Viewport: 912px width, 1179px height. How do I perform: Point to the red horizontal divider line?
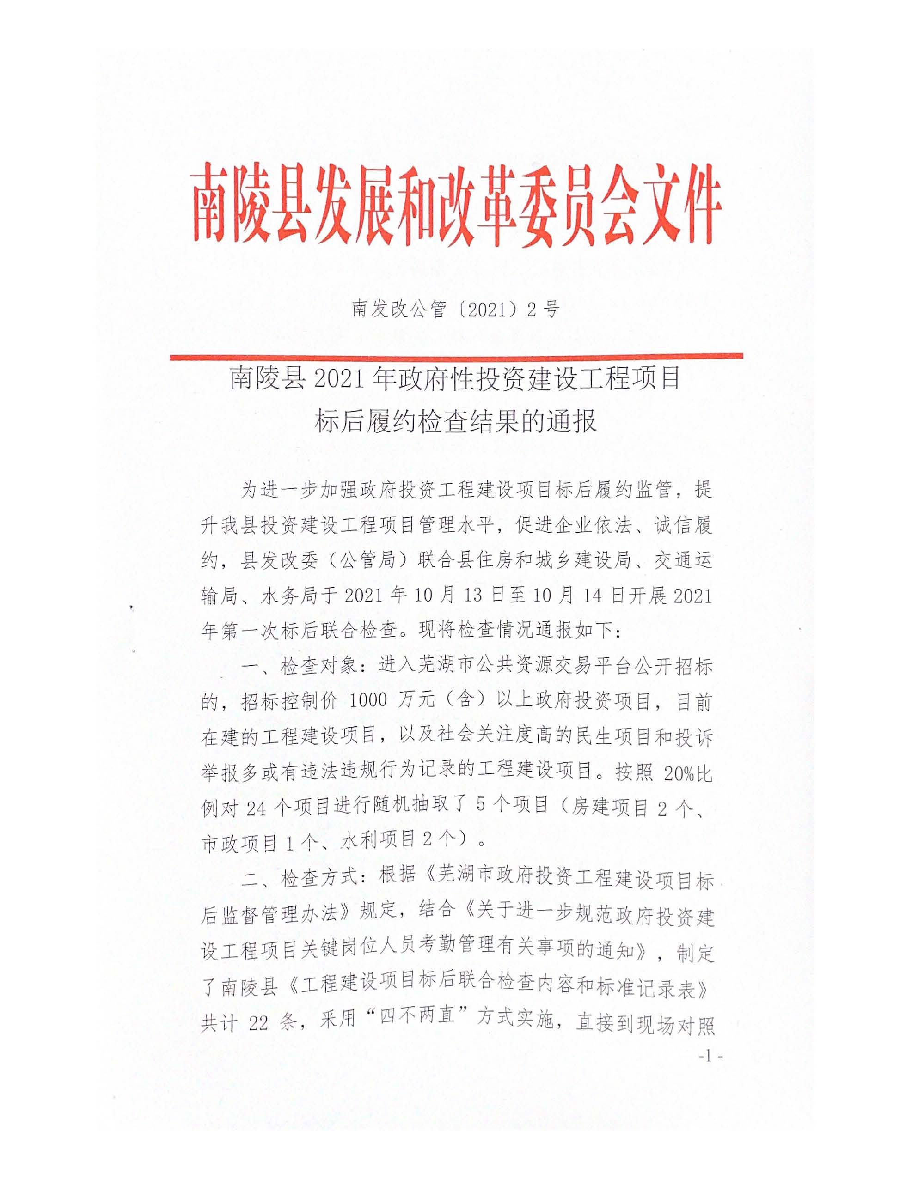(x=455, y=356)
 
